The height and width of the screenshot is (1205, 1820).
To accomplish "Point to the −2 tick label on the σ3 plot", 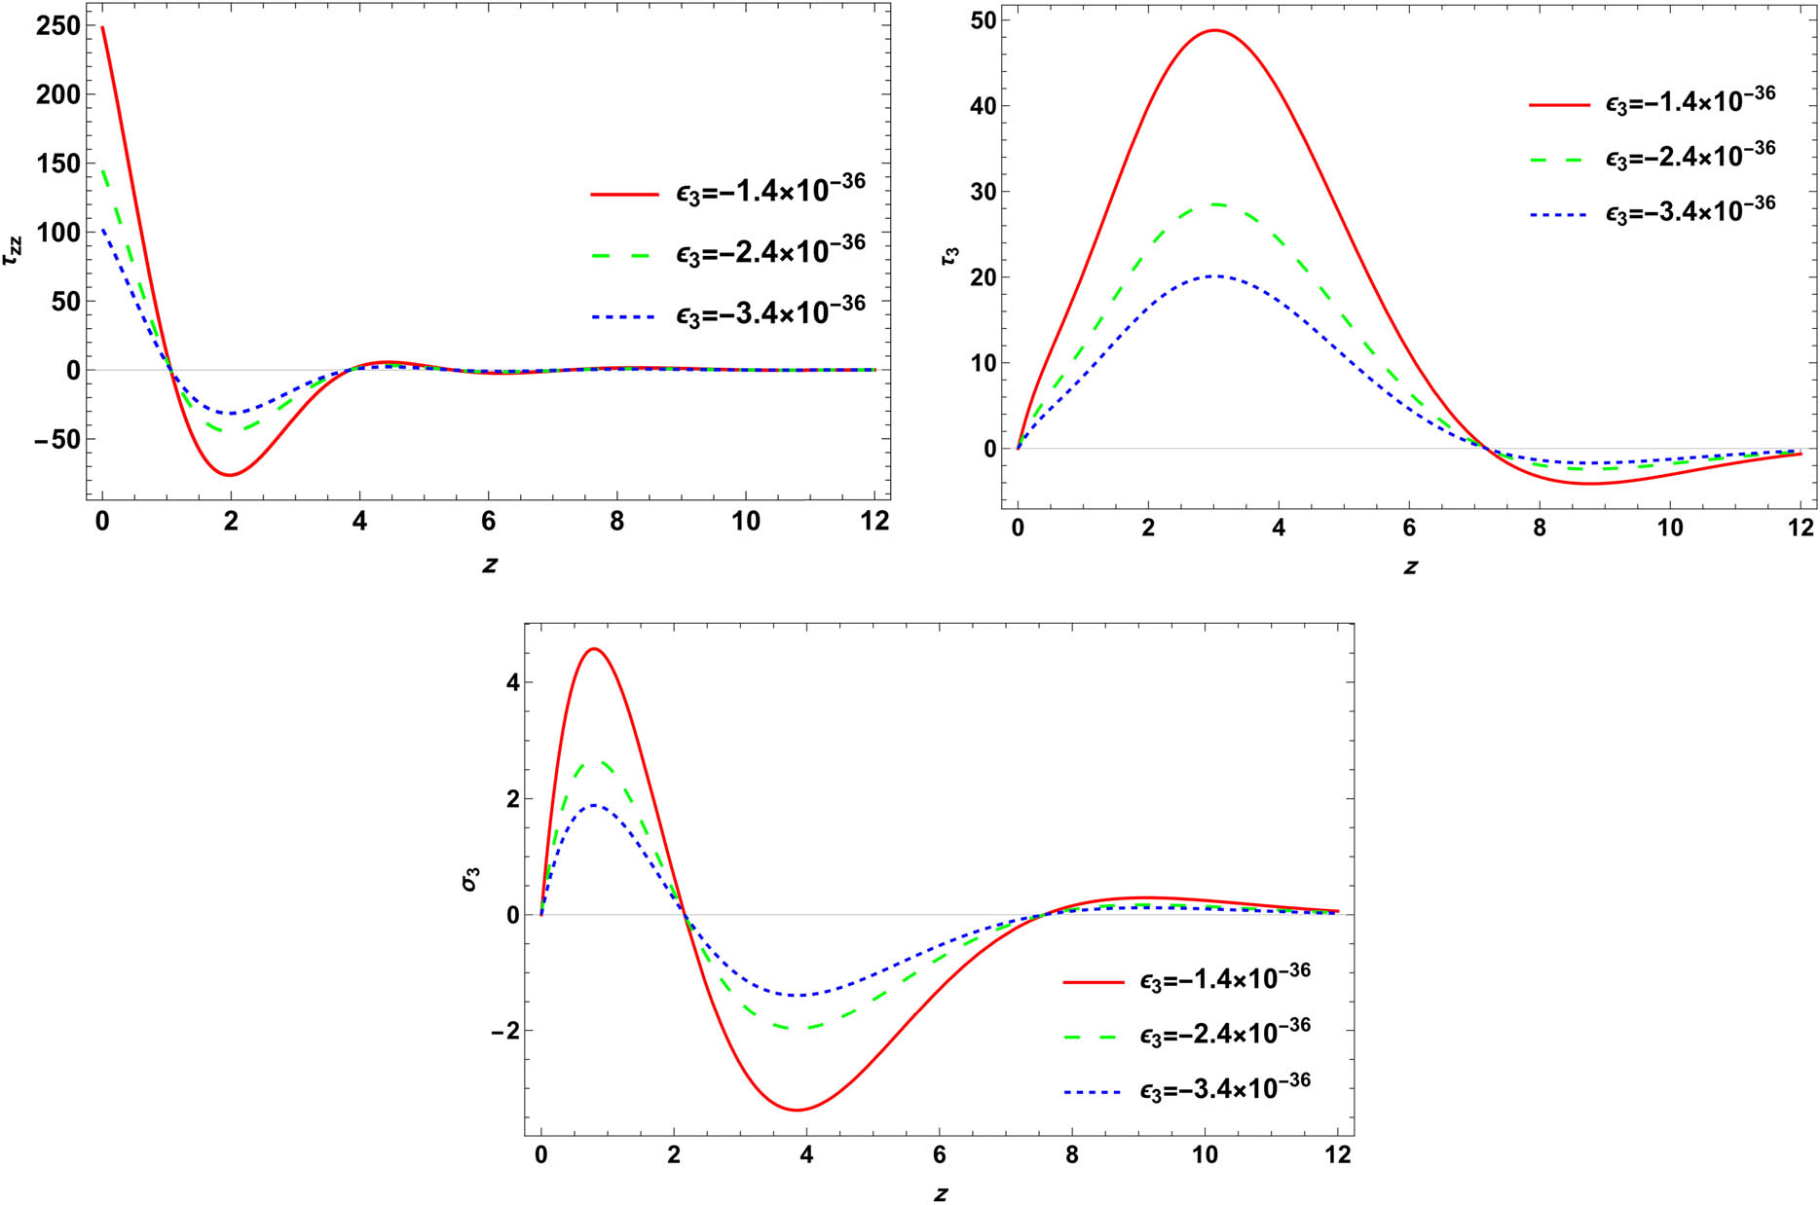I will coord(505,1032).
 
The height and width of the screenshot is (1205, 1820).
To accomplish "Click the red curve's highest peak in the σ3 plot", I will coord(594,648).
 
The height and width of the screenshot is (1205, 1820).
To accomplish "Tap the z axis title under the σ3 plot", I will coord(940,1193).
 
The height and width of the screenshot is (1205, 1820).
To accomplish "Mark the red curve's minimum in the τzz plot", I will coord(231,475).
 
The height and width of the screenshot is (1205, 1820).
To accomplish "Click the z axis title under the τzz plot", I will coord(489,565).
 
